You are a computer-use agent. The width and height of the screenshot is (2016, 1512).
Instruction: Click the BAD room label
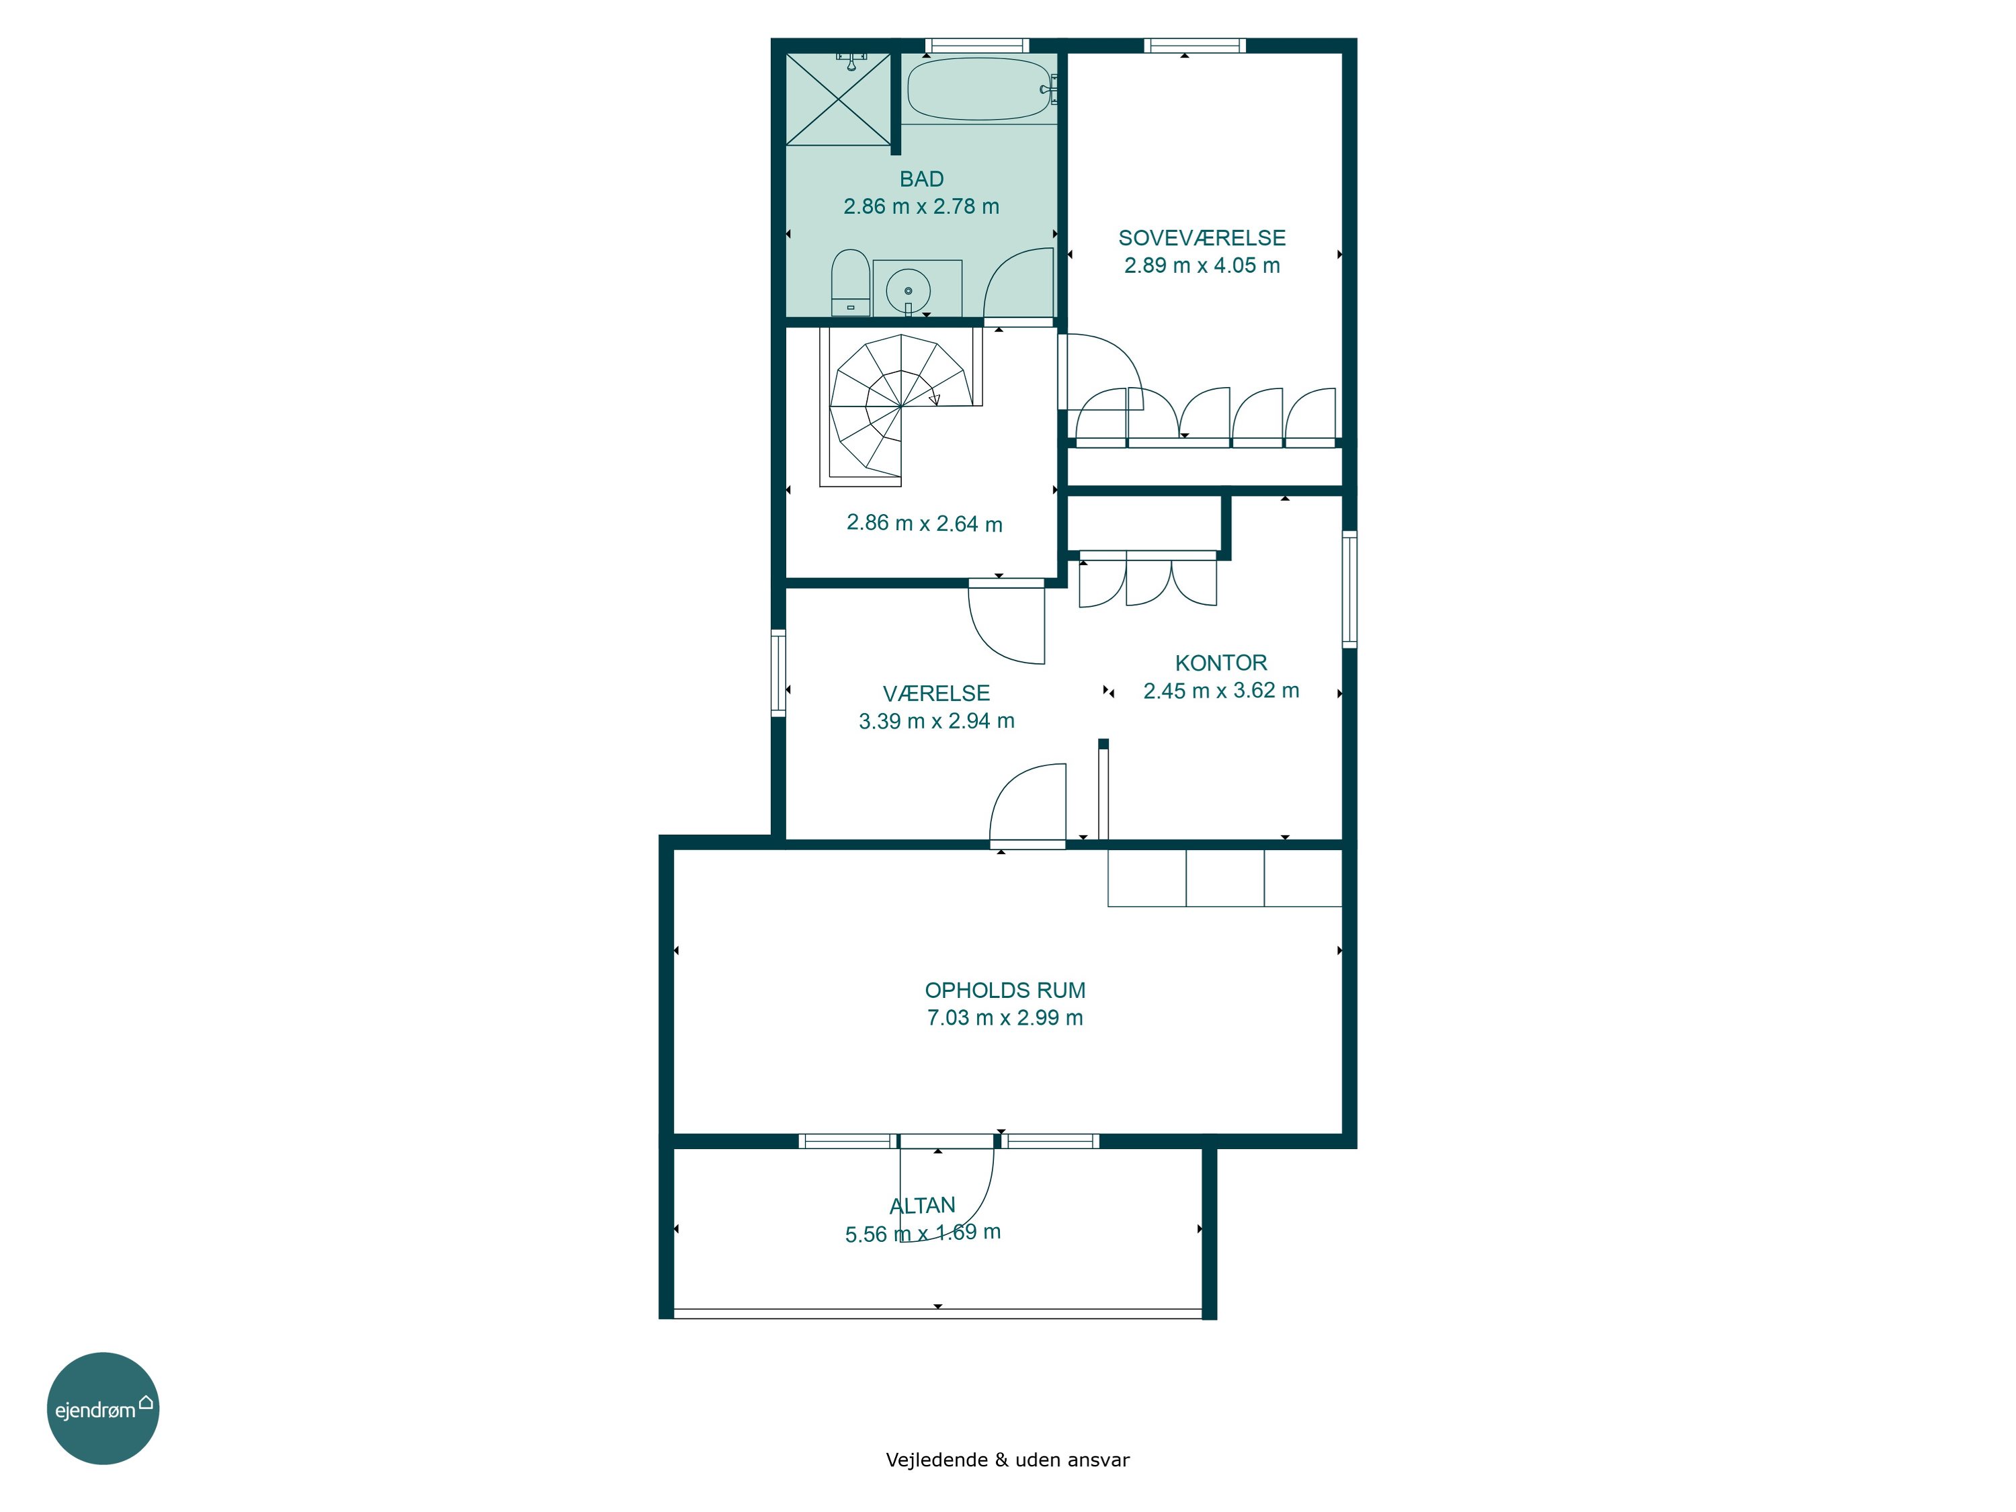coord(921,179)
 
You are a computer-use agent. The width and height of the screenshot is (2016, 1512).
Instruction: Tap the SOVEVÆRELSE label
coord(1202,238)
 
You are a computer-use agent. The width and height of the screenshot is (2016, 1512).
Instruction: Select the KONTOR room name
coord(1220,663)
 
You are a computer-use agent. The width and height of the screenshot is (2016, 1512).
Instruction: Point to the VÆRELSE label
coord(936,694)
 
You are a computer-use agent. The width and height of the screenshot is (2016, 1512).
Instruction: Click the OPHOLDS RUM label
coord(1005,991)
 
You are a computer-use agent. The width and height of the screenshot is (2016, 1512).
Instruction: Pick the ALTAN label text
coord(923,1206)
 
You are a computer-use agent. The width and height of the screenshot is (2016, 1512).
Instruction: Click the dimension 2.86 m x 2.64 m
coord(924,523)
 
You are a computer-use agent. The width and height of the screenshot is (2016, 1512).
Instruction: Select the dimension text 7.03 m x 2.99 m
coord(1005,1018)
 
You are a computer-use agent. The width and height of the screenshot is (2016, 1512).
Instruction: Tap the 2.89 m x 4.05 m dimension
coord(1202,265)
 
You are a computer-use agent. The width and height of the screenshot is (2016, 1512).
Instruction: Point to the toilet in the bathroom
coord(850,282)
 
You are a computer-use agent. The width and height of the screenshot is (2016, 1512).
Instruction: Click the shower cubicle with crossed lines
coord(839,98)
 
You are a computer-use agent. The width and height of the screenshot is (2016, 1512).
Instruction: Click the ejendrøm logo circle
coord(103,1408)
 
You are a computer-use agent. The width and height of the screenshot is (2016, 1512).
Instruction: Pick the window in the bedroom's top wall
coord(1194,46)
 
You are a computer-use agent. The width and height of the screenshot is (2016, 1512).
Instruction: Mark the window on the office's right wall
coord(1350,589)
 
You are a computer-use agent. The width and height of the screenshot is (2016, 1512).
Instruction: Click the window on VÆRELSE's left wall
coord(778,673)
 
